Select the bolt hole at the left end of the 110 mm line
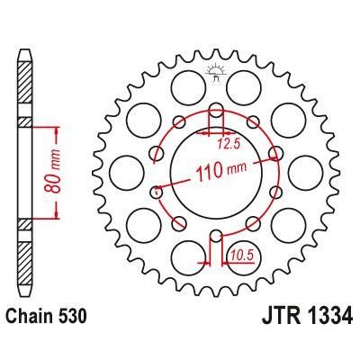157,190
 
